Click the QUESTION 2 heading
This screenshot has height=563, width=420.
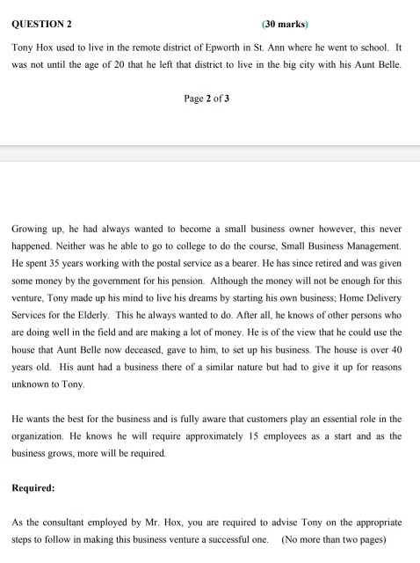pyautogui.click(x=41, y=25)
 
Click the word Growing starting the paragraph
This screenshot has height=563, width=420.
pyautogui.click(x=31, y=228)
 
